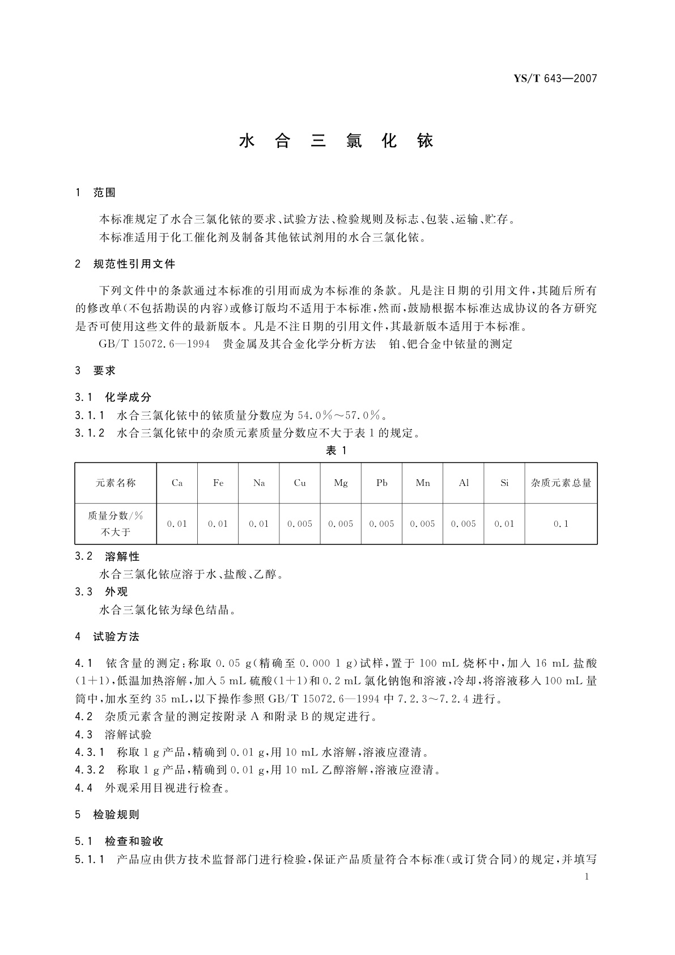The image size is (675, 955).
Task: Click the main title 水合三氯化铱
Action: [337, 141]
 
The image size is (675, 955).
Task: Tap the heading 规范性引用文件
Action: [134, 264]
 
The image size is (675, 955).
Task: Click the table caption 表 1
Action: [336, 450]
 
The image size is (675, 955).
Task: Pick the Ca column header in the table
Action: [177, 483]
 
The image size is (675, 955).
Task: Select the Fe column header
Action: [218, 483]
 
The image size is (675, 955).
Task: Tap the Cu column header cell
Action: [300, 483]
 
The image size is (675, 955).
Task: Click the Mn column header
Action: [423, 483]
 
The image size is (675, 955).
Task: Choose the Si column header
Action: [504, 483]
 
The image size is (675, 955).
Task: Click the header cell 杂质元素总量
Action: [561, 483]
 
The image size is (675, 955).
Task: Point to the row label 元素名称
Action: [116, 483]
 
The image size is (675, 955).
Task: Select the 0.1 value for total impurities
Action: [561, 524]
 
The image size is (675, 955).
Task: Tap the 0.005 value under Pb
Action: [381, 524]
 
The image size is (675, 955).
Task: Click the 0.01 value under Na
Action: [259, 524]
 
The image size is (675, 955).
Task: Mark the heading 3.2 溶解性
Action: [107, 556]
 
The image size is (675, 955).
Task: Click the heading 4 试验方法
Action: [107, 637]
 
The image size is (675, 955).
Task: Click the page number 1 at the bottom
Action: [587, 877]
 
